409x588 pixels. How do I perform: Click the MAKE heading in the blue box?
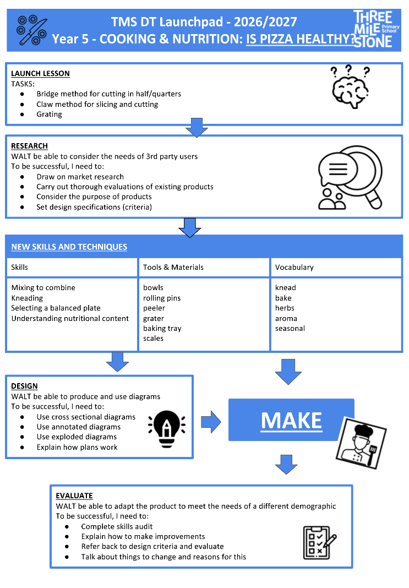(x=291, y=421)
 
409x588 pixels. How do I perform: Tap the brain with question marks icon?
(x=350, y=87)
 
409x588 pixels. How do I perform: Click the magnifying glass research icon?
(x=350, y=177)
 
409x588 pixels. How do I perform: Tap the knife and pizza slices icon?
(x=32, y=30)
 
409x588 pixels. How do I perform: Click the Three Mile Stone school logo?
(x=377, y=29)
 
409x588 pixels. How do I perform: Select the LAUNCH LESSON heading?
(x=40, y=74)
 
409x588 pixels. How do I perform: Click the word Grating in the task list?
(x=49, y=114)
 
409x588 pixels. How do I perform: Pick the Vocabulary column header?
(x=295, y=267)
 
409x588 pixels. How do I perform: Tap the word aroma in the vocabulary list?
(x=286, y=318)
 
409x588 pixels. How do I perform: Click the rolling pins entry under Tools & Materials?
(x=162, y=298)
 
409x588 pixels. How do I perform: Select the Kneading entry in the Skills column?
(x=27, y=298)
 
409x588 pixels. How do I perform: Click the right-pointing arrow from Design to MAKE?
(x=211, y=422)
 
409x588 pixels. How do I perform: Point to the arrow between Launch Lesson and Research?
(x=197, y=128)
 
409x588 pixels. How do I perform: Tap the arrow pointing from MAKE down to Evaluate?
(x=286, y=465)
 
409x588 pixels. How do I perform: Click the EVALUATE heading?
(x=74, y=496)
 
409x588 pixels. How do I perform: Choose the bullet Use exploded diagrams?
(x=77, y=437)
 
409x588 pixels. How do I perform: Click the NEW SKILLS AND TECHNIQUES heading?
(x=69, y=247)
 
